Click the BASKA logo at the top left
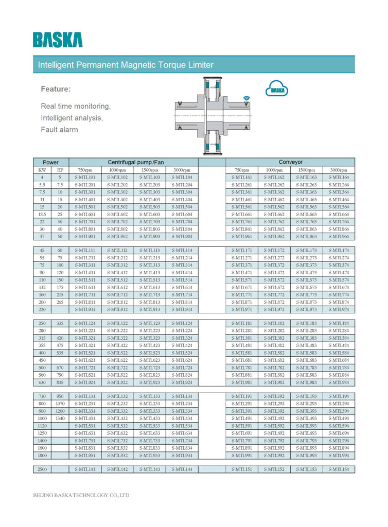coord(57,40)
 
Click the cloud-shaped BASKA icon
coord(277,90)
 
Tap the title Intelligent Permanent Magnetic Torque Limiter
coord(126,65)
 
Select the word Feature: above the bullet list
coord(56,89)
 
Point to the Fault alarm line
coord(59,130)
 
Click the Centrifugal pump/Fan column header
coord(133,162)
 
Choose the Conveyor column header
coord(290,162)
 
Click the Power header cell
coord(50,162)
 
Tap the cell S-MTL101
coord(85,178)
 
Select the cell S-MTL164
coord(339,178)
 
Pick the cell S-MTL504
coord(182,207)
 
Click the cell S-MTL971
coord(242,310)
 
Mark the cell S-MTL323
coord(149,338)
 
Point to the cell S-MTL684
coord(339,360)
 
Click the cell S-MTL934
coord(182,455)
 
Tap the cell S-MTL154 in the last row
coord(339,469)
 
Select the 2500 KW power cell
coord(42,469)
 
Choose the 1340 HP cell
coord(60,418)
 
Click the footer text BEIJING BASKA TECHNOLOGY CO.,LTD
coord(81,495)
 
